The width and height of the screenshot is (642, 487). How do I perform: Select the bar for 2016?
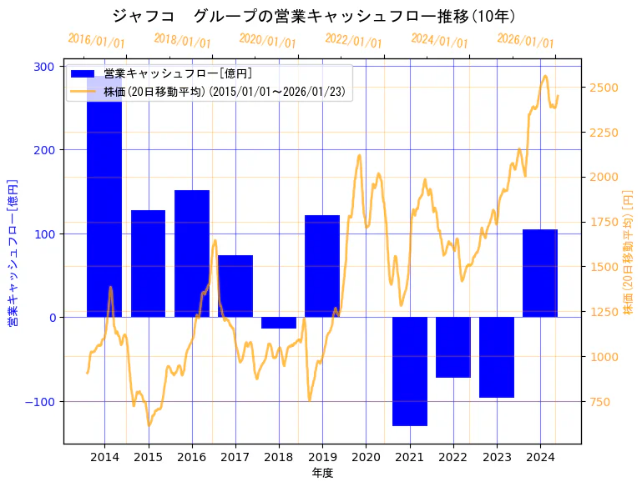click(192, 254)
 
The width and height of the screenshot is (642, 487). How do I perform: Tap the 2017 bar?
click(235, 286)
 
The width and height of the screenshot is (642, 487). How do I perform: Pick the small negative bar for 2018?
click(279, 323)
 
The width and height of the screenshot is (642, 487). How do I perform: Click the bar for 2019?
click(322, 266)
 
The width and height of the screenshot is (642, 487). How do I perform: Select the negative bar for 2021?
click(410, 371)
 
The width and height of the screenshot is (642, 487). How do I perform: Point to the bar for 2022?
click(453, 347)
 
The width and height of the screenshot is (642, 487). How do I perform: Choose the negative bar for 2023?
click(497, 357)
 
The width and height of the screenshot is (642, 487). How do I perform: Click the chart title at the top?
click(313, 16)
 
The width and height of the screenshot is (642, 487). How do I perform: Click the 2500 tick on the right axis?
click(604, 88)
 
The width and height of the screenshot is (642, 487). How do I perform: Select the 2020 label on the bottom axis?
click(366, 457)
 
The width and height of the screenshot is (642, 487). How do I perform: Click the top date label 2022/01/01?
click(354, 41)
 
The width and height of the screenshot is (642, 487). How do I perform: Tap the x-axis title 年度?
click(322, 473)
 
